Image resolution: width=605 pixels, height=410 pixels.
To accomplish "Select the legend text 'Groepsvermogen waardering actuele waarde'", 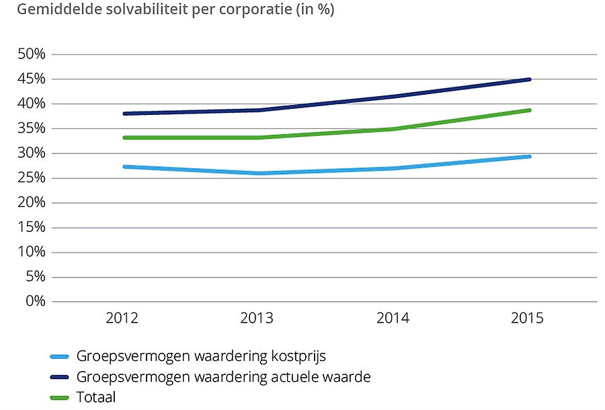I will coord(223,376).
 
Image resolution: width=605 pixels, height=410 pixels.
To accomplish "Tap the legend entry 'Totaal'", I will coord(96,397).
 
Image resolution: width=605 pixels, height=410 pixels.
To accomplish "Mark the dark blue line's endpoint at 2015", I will coord(529,79).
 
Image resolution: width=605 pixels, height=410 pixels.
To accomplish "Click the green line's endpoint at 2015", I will coord(529,110).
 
